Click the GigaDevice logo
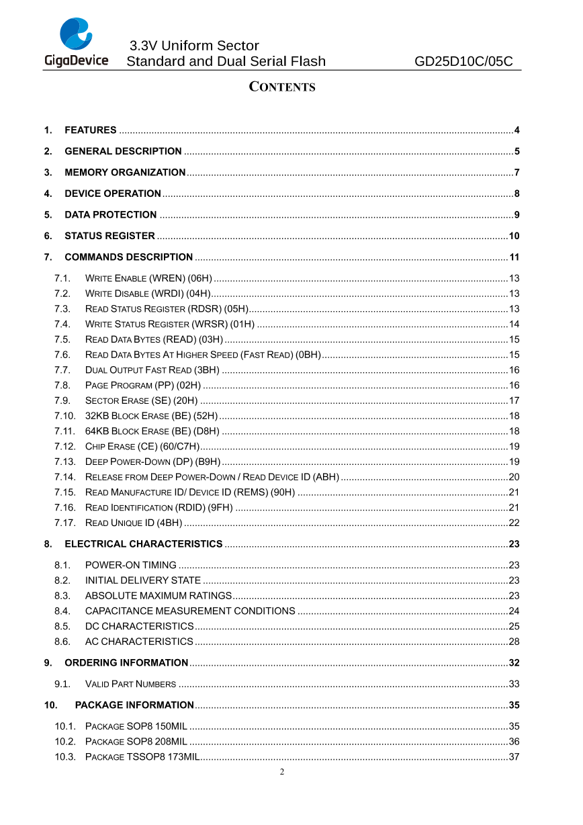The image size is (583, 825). [76, 42]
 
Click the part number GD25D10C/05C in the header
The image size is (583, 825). [463, 62]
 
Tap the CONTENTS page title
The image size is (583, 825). [282, 87]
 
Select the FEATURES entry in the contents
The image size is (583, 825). [90, 130]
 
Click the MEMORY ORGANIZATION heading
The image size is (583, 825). [125, 173]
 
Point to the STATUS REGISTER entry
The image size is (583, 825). [109, 236]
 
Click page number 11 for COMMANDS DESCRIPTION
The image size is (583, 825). [514, 257]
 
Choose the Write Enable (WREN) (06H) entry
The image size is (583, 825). [148, 278]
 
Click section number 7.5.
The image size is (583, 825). [62, 339]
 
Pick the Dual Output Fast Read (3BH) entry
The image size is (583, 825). [152, 370]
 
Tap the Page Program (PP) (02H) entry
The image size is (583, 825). [143, 385]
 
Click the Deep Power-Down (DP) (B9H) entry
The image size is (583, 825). [152, 462]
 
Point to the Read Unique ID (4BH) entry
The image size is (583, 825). [134, 523]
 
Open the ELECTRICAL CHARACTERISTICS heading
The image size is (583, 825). [143, 544]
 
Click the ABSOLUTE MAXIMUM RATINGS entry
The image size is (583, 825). [159, 596]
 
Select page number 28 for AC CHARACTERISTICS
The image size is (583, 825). [514, 642]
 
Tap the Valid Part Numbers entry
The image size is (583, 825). [130, 685]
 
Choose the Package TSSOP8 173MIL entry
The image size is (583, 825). [142, 757]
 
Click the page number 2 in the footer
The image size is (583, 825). [282, 772]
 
